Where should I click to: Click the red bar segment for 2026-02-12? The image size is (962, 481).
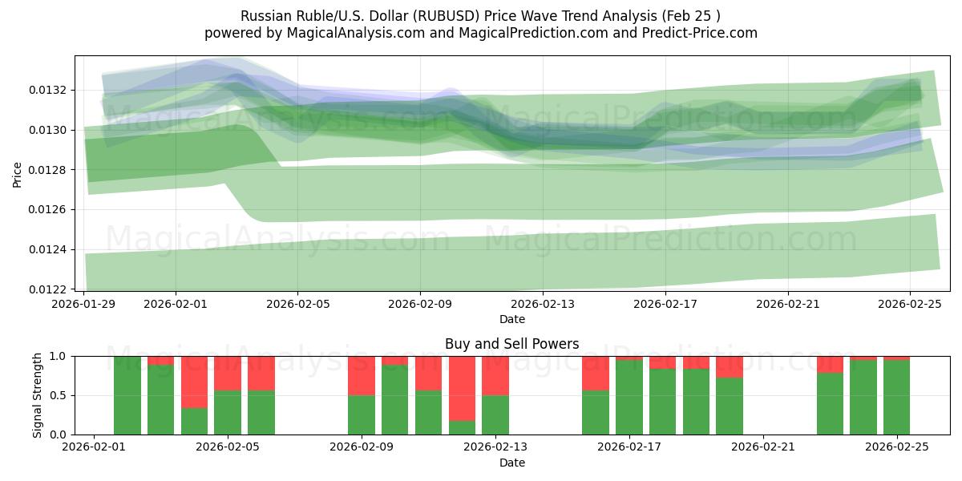coord(462,388)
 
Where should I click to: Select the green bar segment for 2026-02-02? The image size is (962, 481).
coord(127,395)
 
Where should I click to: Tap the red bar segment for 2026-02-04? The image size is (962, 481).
coord(194,382)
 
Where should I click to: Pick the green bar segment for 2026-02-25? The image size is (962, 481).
coord(896,397)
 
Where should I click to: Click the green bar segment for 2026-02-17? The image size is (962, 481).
coord(629,397)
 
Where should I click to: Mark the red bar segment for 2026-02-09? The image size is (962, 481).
coord(362,375)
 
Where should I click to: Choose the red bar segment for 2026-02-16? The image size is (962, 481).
coord(596,373)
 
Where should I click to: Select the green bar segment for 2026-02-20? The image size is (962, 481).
coord(730,406)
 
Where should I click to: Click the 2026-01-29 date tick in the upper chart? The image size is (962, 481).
coord(85,305)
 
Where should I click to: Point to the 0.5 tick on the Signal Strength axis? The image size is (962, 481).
coord(60,395)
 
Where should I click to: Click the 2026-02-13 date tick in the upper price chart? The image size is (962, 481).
coord(543,305)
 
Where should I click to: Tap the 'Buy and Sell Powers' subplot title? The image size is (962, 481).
coord(512,344)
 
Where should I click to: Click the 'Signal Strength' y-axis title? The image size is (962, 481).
coord(37,395)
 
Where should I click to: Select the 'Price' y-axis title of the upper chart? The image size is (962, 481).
coord(18,173)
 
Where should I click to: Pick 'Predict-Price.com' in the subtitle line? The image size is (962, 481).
coord(705,33)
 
